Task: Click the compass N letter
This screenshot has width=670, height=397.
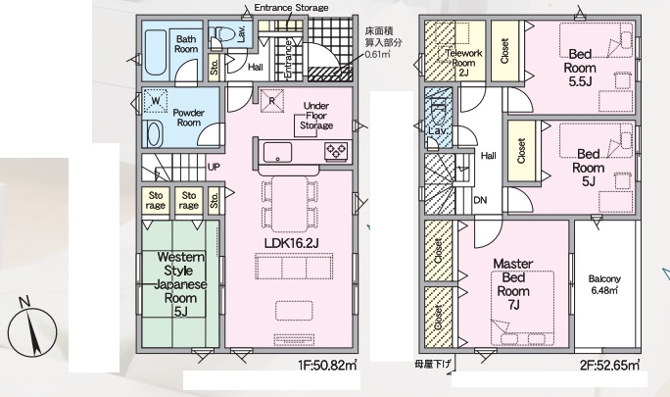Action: click(x=24, y=302)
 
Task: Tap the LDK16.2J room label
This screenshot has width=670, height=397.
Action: click(x=292, y=243)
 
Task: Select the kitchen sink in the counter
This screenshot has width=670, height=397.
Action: click(x=278, y=152)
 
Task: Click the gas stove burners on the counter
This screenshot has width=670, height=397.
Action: click(x=336, y=151)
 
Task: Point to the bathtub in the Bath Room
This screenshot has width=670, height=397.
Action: click(x=154, y=53)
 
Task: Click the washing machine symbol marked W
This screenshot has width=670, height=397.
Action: click(x=155, y=101)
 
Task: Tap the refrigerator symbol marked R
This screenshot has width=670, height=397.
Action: click(x=272, y=101)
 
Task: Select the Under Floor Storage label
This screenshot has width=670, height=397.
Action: click(x=316, y=116)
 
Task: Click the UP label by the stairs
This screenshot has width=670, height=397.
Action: click(x=214, y=167)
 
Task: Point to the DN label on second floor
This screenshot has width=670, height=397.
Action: click(x=480, y=200)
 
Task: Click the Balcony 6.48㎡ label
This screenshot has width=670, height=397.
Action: click(x=604, y=284)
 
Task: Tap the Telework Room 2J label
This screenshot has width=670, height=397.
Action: click(x=463, y=63)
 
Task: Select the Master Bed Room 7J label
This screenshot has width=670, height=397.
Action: click(x=513, y=284)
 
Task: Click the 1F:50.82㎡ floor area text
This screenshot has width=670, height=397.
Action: click(x=328, y=365)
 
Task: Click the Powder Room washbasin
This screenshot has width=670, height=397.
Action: click(x=154, y=132)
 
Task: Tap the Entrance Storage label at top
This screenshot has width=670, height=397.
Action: click(x=292, y=8)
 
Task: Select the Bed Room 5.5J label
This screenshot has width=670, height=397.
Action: click(x=580, y=68)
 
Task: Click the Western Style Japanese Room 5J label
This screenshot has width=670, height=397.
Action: click(x=180, y=284)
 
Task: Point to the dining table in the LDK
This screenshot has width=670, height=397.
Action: click(x=289, y=204)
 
